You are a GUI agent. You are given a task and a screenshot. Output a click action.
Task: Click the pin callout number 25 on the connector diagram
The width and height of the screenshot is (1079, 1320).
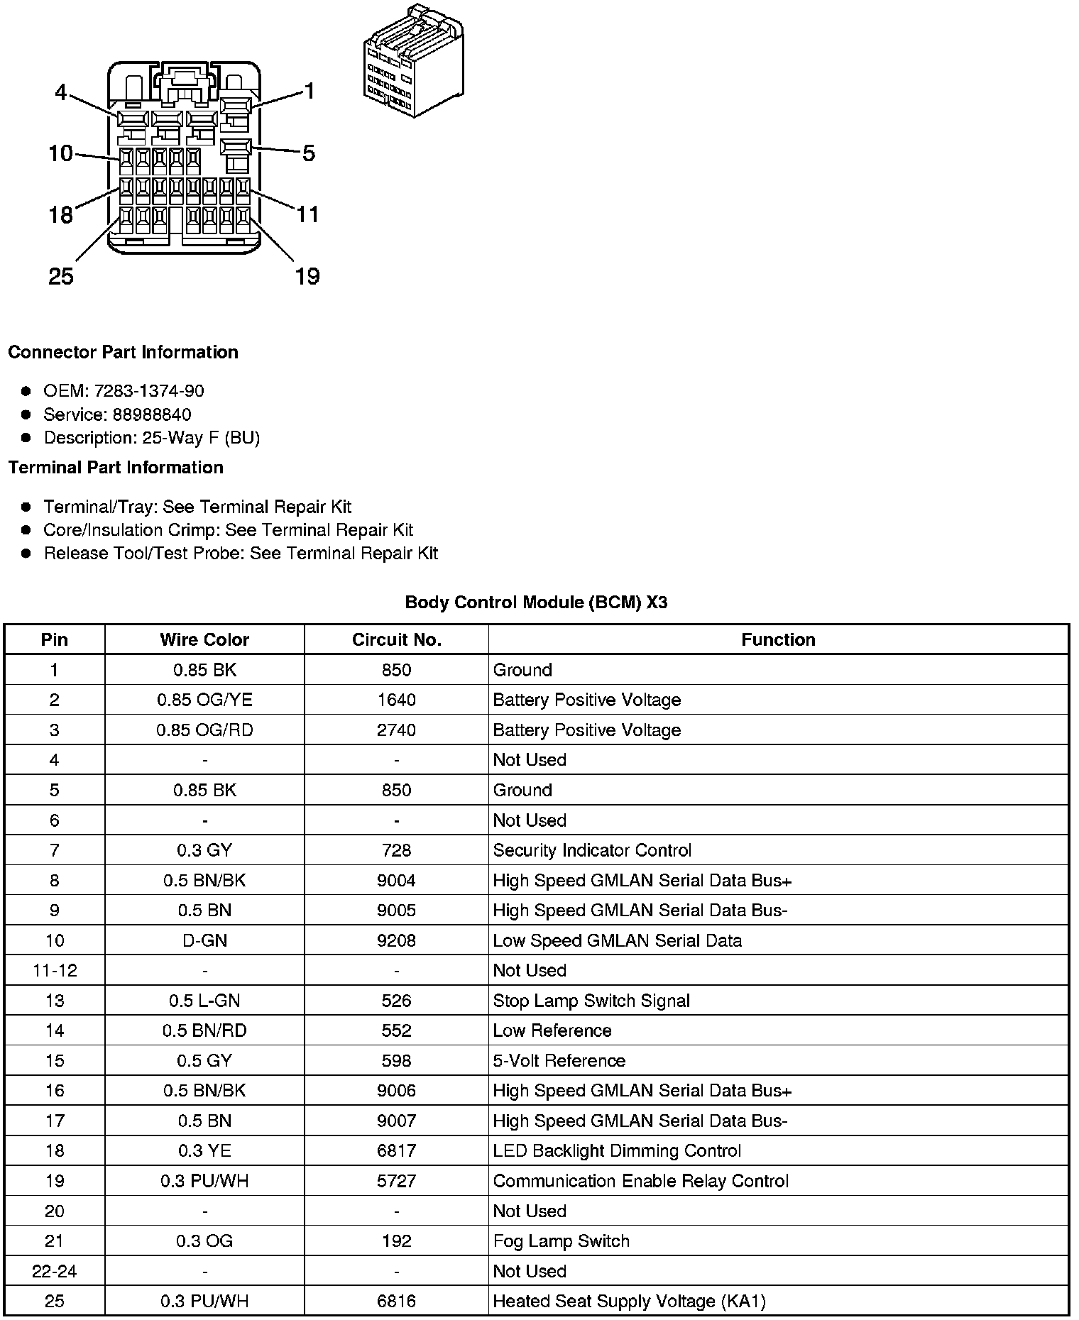pyautogui.click(x=61, y=276)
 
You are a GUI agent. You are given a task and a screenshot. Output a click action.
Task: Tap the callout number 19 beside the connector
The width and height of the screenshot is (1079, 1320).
pyautogui.click(x=307, y=276)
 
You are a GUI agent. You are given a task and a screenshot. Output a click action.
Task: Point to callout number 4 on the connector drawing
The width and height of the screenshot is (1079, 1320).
pyautogui.click(x=60, y=92)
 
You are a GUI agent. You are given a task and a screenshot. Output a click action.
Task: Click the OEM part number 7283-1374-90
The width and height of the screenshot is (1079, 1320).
pyautogui.click(x=149, y=391)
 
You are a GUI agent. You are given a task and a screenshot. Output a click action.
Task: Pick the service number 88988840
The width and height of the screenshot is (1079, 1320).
pyautogui.click(x=152, y=414)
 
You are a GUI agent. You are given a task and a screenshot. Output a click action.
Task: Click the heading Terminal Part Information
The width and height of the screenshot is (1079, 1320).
pyautogui.click(x=116, y=468)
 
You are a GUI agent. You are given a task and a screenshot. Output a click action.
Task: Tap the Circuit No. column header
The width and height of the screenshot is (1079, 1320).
pyautogui.click(x=396, y=639)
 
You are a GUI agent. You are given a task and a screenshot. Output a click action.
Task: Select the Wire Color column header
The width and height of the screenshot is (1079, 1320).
pyautogui.click(x=204, y=639)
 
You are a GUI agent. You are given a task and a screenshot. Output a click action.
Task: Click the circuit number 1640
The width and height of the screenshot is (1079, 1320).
pyautogui.click(x=396, y=700)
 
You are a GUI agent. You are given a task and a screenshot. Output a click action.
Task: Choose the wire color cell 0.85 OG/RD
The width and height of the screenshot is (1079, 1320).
pyautogui.click(x=204, y=730)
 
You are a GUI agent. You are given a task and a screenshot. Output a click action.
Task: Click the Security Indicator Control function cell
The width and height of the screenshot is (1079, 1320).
pyautogui.click(x=592, y=850)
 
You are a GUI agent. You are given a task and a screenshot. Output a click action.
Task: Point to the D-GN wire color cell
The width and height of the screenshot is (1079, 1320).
pyautogui.click(x=204, y=940)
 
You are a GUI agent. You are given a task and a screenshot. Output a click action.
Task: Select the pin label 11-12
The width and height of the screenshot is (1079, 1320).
pyautogui.click(x=55, y=970)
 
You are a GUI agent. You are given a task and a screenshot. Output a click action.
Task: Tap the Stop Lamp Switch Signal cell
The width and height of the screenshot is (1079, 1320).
pyautogui.click(x=591, y=1001)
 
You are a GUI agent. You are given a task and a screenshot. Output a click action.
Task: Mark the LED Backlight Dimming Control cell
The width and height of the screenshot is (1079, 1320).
pyautogui.click(x=617, y=1150)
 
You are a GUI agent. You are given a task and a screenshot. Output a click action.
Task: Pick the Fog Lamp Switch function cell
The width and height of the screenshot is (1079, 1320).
pyautogui.click(x=561, y=1241)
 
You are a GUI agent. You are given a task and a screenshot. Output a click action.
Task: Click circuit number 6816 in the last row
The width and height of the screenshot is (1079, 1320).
pyautogui.click(x=396, y=1301)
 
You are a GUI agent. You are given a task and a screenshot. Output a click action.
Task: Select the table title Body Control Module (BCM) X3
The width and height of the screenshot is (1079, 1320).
pyautogui.click(x=536, y=603)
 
